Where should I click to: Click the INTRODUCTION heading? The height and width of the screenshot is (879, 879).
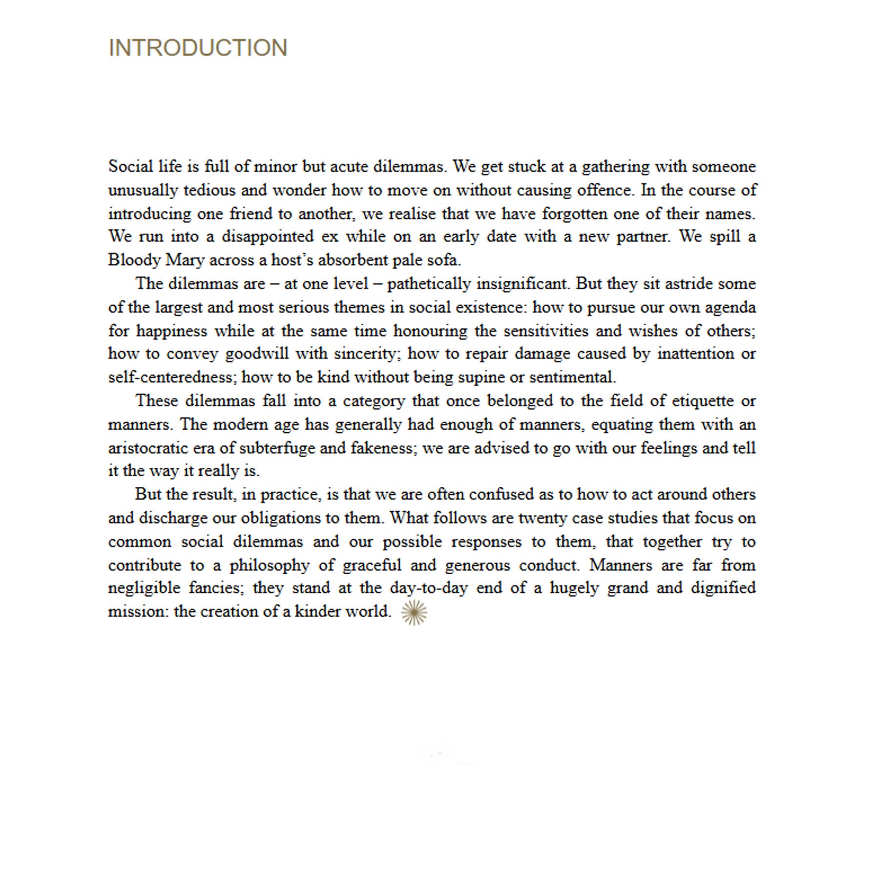(198, 48)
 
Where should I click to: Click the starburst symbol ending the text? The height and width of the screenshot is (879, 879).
(414, 612)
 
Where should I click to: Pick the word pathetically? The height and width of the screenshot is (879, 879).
(429, 284)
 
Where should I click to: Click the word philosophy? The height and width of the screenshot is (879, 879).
(270, 565)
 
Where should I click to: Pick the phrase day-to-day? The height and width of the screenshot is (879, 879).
(429, 587)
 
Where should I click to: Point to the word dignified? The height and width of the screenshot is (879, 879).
(723, 587)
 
